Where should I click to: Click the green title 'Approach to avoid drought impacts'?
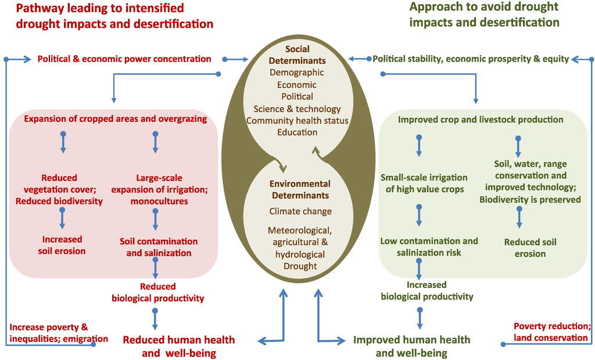click(x=484, y=15)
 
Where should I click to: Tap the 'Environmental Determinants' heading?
click(x=300, y=189)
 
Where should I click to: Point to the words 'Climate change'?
click(x=300, y=211)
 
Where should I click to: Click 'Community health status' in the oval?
click(x=297, y=120)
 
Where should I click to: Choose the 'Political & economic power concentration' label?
click(x=124, y=59)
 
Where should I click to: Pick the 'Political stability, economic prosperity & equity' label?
click(x=471, y=59)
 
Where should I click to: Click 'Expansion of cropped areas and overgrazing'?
click(x=116, y=119)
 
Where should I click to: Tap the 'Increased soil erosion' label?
click(x=62, y=245)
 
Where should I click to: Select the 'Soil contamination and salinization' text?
click(x=159, y=247)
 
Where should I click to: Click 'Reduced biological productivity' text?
click(x=157, y=292)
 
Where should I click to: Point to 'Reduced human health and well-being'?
click(x=178, y=345)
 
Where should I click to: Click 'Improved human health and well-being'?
click(x=412, y=346)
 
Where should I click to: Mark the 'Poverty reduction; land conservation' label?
click(x=552, y=332)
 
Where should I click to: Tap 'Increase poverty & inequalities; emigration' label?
click(x=58, y=333)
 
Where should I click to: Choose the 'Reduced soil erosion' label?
click(x=525, y=247)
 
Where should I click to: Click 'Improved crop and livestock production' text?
click(x=481, y=120)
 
